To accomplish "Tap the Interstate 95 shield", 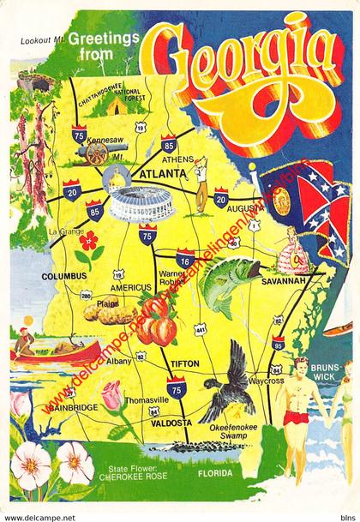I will tap(277, 343).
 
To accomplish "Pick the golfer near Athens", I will tap(202, 179).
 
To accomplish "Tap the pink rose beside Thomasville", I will tap(112, 396).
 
